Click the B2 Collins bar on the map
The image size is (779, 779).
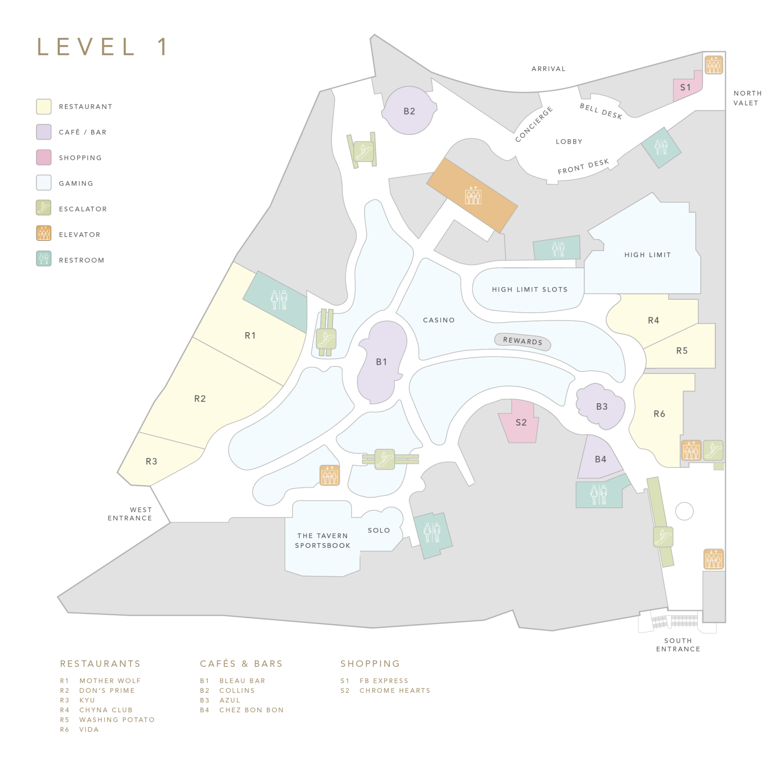pos(409,111)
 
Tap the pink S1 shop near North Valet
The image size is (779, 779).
pos(686,88)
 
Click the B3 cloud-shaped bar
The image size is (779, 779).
pos(601,407)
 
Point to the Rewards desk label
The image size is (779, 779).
pos(522,341)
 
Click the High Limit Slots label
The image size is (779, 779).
pos(529,290)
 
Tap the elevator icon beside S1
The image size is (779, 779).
pos(714,65)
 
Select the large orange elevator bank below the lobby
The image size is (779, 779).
pos(472,195)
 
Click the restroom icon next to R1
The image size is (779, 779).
pos(278,300)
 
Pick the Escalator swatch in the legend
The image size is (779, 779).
pos(44,208)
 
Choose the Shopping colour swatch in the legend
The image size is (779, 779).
pos(44,157)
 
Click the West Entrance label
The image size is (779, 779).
pos(130,514)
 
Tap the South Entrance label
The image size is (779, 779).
pos(678,645)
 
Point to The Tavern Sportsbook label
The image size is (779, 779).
pos(323,541)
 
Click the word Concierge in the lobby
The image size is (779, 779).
pos(534,124)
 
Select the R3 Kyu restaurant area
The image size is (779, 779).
pos(151,462)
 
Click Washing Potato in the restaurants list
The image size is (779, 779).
pos(117,720)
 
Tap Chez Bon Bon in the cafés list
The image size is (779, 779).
pos(251,710)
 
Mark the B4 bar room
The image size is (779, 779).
pos(600,459)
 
